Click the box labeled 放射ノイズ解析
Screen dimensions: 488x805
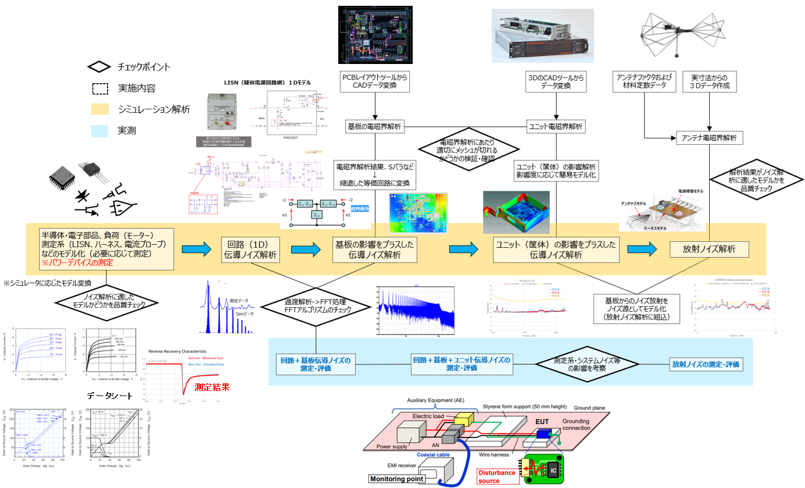pos(709,249)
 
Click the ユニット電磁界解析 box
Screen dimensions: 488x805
pos(557,126)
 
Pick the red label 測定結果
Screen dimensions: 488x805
pos(212,386)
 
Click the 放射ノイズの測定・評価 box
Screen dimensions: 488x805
pos(706,364)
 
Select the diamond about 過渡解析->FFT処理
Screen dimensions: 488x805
pos(316,307)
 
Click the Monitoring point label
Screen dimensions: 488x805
pos(397,479)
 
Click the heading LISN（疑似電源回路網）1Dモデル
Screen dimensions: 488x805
pos(269,83)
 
